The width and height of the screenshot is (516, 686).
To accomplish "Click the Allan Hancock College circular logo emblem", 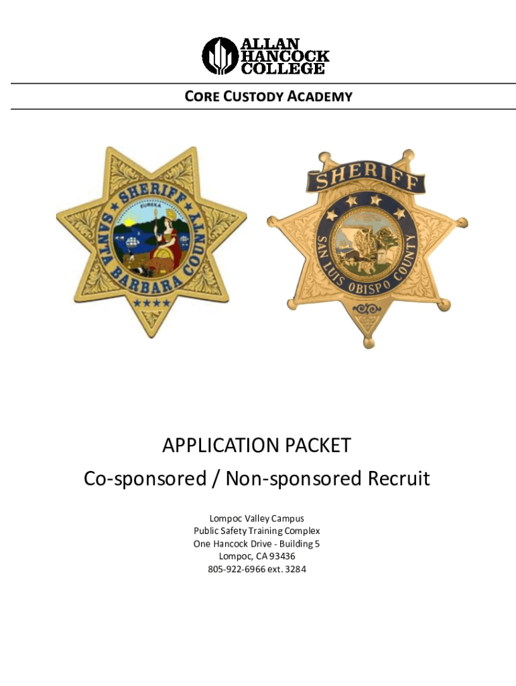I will point(220,56).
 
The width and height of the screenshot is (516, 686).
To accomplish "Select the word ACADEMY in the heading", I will point(320,96).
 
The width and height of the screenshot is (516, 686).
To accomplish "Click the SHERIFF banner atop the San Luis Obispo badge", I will point(366,178).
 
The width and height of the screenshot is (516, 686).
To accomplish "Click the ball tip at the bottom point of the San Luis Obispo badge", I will point(369,344).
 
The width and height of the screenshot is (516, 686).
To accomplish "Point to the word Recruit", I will point(396,479).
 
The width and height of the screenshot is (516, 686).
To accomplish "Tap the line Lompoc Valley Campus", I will point(257,518).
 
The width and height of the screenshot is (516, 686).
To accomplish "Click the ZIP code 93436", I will point(280,556).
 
